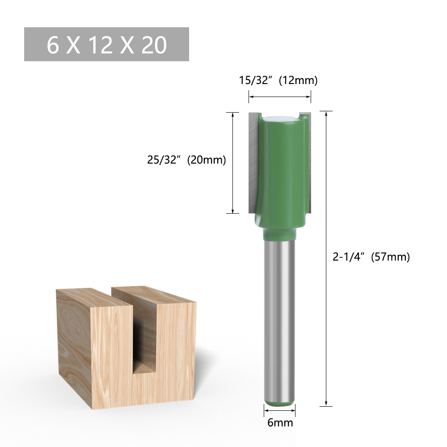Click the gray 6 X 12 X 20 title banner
[106, 44]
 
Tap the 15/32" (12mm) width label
[278, 80]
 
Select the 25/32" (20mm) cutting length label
[186, 160]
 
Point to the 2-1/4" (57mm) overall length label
[371, 257]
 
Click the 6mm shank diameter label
[280, 422]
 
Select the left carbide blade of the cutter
[253, 161]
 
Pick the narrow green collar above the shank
[279, 234]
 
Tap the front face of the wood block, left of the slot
[112, 353]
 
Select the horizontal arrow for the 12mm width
[280, 96]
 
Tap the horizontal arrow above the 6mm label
[279, 410]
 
